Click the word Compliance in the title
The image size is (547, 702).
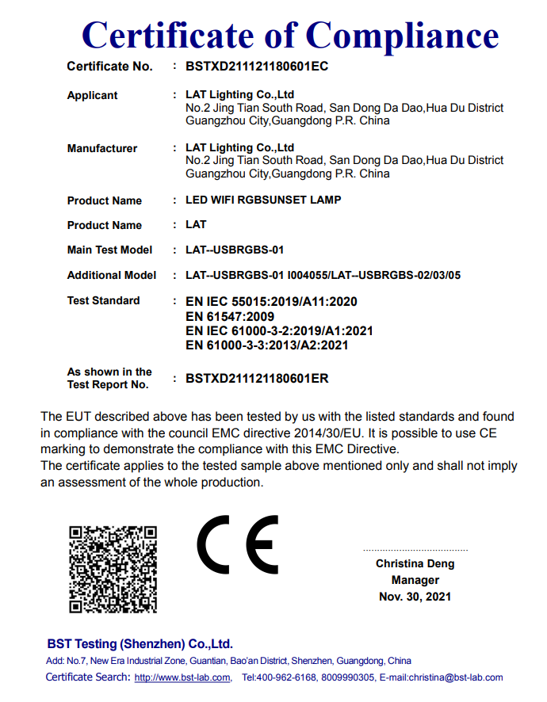point(403,36)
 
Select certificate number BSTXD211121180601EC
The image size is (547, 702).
point(256,67)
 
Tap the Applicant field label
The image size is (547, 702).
point(92,96)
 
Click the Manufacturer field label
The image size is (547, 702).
point(102,149)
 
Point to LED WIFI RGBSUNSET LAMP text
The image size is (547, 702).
point(263,200)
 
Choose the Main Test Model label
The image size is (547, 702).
point(109,250)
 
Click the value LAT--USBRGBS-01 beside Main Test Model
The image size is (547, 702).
point(234,250)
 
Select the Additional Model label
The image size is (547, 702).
point(106,276)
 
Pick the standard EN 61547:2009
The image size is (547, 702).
point(230,316)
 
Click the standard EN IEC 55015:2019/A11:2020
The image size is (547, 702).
point(271,302)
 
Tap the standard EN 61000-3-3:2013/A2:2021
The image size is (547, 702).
point(266,345)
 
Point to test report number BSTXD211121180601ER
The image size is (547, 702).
point(257,379)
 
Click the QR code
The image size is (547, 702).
point(113,569)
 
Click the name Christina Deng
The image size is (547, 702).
point(415,564)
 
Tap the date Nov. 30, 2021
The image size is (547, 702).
point(415,596)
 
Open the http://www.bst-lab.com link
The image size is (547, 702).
point(182,677)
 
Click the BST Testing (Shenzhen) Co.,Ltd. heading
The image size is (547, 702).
point(140,643)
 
